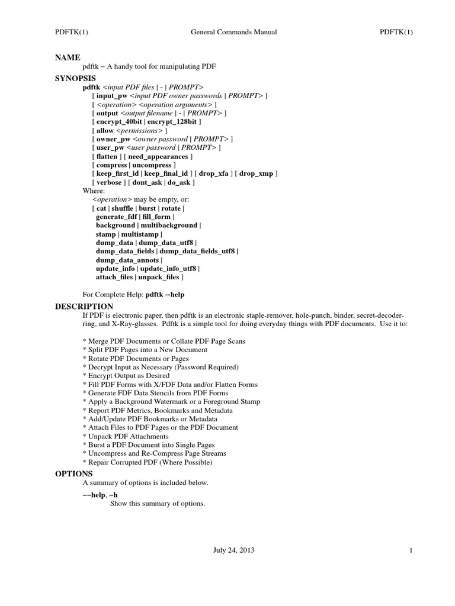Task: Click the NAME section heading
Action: click(68, 57)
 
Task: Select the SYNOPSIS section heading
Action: click(75, 78)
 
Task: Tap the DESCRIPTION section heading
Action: click(84, 306)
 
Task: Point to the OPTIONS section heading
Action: click(73, 474)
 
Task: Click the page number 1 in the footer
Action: click(410, 550)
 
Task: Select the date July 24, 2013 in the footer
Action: click(234, 550)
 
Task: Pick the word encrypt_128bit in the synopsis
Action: click(175, 121)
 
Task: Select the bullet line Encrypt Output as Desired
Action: click(126, 376)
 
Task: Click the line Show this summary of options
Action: click(158, 504)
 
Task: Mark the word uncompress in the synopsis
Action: click(152, 165)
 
